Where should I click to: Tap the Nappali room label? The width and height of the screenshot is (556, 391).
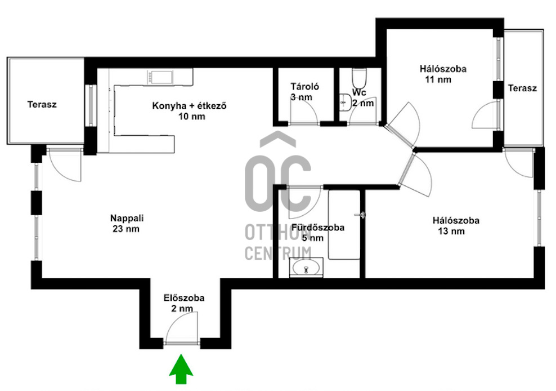pos(127,217)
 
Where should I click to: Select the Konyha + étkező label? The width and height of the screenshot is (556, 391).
pos(189,105)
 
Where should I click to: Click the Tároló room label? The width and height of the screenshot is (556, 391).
pos(305,86)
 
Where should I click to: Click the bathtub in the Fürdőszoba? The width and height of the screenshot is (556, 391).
pos(344,225)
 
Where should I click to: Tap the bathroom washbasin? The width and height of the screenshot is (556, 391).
pos(306,266)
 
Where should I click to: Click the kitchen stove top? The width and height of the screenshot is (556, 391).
pos(160,77)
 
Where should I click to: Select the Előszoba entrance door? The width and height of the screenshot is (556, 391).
pos(182,329)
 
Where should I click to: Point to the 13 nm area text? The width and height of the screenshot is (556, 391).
pos(451,231)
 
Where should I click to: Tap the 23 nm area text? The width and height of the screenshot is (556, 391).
pos(126,229)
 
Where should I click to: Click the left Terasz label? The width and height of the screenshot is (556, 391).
pos(42,104)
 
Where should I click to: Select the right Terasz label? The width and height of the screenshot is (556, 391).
pos(522,88)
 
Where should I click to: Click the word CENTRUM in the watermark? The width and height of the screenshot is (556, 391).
pos(278,253)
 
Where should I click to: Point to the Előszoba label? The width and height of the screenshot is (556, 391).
pos(184,297)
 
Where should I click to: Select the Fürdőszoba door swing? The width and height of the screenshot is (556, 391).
pos(304,202)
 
